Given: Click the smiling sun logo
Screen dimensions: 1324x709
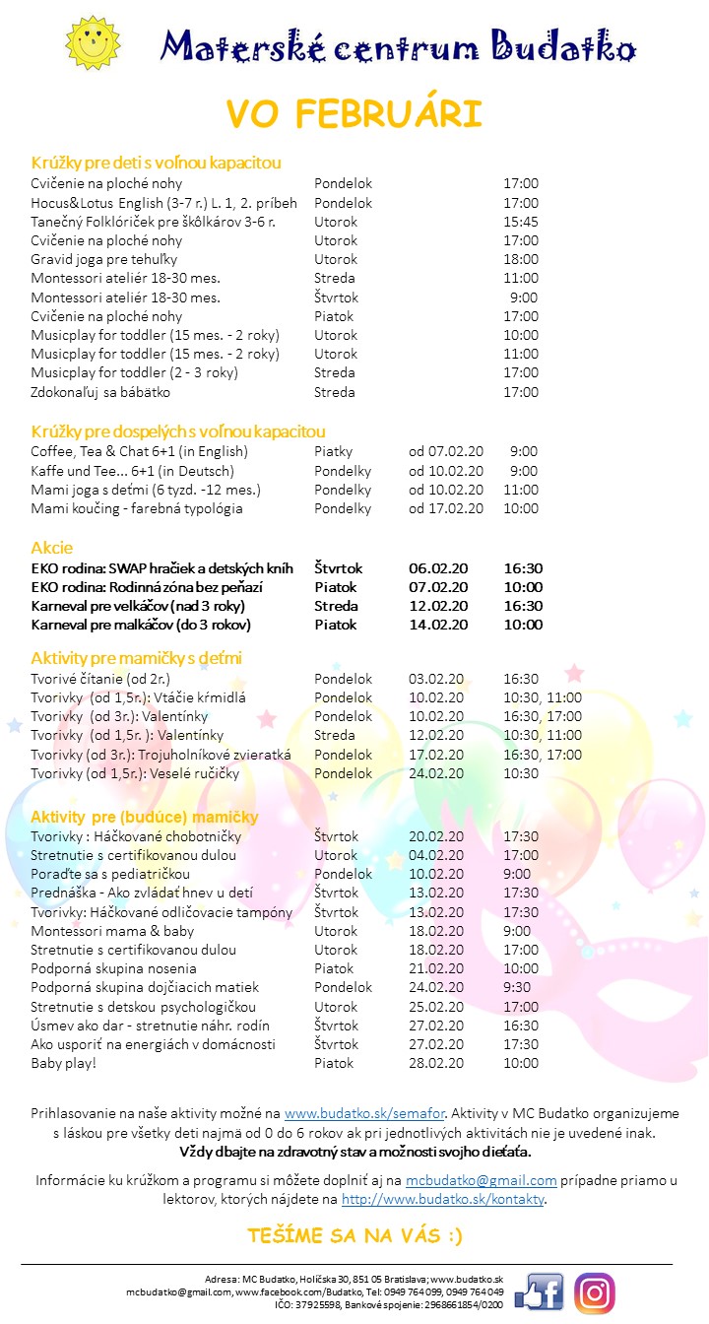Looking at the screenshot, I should [91, 43].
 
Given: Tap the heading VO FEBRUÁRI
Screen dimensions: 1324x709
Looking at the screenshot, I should [354, 114].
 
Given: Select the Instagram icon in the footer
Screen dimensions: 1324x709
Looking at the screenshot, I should [595, 1292].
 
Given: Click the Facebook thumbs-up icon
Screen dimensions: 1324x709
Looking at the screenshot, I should [539, 1291].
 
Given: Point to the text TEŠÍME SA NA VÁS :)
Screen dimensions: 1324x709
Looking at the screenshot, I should [354, 1235].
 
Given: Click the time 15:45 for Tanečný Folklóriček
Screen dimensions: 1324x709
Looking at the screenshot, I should [521, 222].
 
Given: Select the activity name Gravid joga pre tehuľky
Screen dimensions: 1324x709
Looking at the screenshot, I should [104, 259].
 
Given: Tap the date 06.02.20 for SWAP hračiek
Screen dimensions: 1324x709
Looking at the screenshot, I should [438, 568].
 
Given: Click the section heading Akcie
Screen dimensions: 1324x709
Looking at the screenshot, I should [52, 548].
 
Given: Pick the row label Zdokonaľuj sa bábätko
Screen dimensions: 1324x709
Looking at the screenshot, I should [100, 392].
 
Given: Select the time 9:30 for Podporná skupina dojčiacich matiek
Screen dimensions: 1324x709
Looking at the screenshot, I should [517, 987].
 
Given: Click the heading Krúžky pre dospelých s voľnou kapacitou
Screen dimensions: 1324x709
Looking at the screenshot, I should [178, 431].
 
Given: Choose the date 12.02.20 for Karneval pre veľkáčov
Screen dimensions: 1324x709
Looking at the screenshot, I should [438, 606].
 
